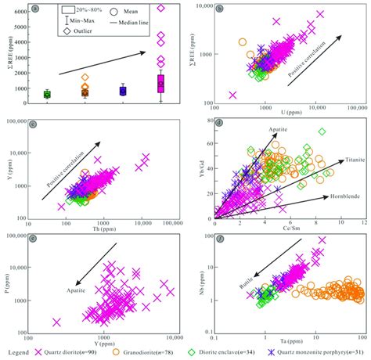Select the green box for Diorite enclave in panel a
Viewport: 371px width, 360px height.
pos(46,95)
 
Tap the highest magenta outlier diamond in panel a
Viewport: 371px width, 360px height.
pos(161,8)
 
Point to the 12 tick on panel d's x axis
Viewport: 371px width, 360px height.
pos(362,224)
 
